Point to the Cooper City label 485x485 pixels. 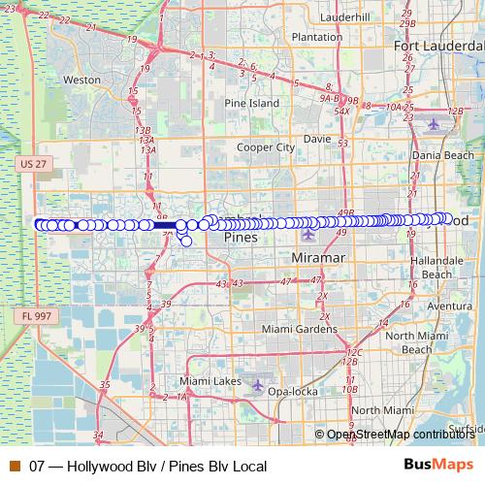pyautogui.click(x=266, y=147)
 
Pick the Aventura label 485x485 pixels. pyautogui.click(x=449, y=306)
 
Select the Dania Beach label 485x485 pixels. pyautogui.click(x=442, y=154)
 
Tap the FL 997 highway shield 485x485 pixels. pyautogui.click(x=33, y=316)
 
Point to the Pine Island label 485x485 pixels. pyautogui.click(x=250, y=102)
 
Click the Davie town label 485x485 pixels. pyautogui.click(x=317, y=138)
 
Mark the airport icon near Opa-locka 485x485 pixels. pyautogui.click(x=258, y=384)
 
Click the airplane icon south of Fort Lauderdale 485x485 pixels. pyautogui.click(x=433, y=123)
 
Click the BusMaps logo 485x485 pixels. pyautogui.click(x=437, y=466)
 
